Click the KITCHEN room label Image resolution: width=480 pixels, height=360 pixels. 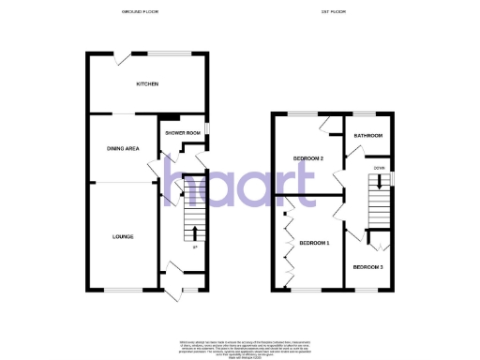click(147, 84)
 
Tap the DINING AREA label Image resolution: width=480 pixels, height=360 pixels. click(125, 148)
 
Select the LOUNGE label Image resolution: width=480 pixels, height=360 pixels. click(122, 236)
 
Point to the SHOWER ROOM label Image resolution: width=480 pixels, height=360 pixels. click(183, 133)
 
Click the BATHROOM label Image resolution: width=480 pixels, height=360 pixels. click(367, 136)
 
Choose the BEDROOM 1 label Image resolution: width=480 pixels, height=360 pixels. click(315, 242)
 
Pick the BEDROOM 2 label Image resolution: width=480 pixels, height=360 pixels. click(308, 158)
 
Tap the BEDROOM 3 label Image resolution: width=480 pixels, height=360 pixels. click(367, 267)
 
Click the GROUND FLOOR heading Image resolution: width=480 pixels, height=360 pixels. click(140, 12)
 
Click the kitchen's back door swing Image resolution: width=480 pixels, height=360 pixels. click(123, 59)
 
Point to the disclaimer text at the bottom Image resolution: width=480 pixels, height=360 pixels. click(240, 348)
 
